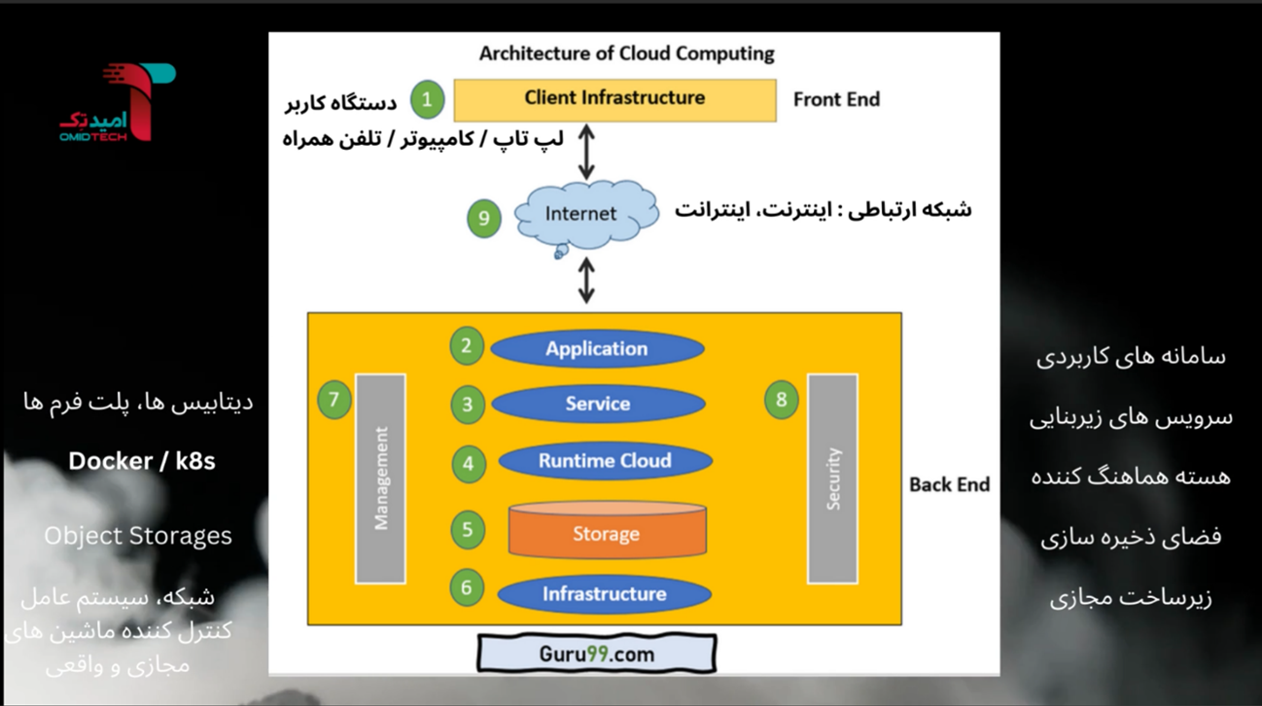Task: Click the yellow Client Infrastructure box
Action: point(614,99)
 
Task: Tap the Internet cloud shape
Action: point(581,215)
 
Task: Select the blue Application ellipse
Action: point(596,349)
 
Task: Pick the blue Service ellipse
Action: point(598,405)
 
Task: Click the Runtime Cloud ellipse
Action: point(605,461)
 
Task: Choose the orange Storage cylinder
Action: point(607,532)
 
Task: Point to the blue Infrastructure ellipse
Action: point(604,594)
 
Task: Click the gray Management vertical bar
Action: point(381,478)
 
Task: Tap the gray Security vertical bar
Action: point(832,478)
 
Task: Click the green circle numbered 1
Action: point(427,99)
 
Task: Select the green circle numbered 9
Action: point(483,218)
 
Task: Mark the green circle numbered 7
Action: point(334,399)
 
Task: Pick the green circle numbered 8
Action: point(781,399)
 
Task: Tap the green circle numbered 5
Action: point(468,530)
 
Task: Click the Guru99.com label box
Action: point(597,653)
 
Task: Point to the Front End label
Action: point(836,99)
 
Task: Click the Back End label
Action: point(949,484)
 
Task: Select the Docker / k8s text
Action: point(142,461)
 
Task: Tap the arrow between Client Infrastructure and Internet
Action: point(585,151)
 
